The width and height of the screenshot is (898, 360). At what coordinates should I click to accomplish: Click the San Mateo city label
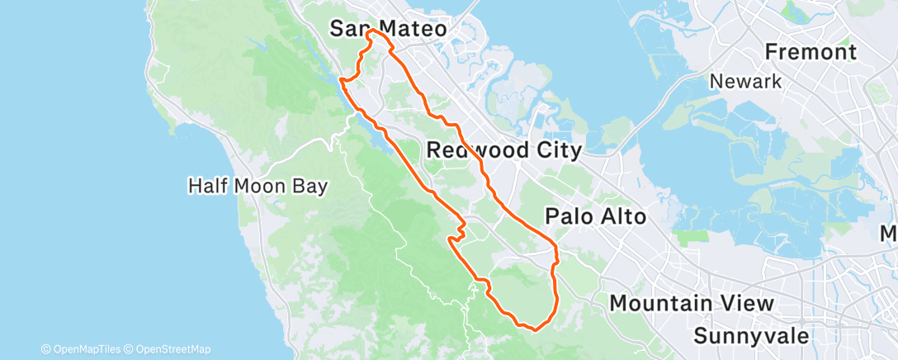coord(388,29)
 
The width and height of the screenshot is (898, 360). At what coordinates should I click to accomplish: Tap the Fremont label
coord(811,52)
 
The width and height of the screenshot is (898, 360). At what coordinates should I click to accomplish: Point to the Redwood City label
coord(504,150)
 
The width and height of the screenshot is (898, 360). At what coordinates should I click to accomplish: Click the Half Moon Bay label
coord(258,186)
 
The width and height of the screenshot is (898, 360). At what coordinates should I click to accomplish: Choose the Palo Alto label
coord(595,216)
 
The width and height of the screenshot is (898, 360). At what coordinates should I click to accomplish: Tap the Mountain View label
coord(692,304)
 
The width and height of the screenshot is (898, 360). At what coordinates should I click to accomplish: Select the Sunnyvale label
coord(751,335)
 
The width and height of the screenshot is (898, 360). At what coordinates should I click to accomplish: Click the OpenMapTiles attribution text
coord(85,349)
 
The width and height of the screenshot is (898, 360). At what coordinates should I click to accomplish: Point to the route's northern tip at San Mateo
coord(373,31)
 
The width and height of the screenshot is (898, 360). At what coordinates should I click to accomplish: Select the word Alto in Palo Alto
coord(618,216)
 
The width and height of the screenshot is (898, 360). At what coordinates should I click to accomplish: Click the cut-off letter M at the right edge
coord(891,234)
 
